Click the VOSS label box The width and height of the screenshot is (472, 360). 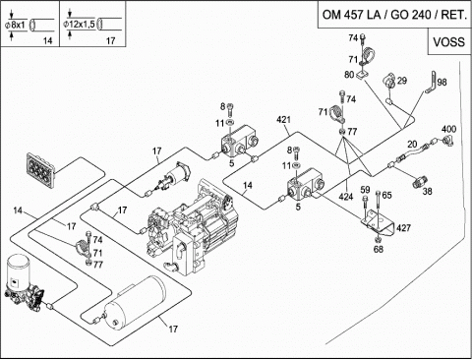coord(449,41)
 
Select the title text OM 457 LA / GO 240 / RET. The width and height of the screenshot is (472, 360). coord(394,15)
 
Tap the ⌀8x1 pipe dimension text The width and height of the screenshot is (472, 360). coord(15,25)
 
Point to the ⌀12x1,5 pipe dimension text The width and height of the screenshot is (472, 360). coord(79,24)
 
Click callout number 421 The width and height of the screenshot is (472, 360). coord(283,120)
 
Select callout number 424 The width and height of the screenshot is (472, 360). coord(346,197)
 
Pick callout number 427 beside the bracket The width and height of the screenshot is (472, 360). coord(403,228)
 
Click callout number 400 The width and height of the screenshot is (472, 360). coord(448,129)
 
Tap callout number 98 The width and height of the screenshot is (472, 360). coord(442,82)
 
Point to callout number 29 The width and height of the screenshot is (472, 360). coord(402,81)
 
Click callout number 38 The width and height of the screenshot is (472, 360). coord(427,191)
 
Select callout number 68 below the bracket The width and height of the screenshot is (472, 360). coord(379,249)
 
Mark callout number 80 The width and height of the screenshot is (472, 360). coord(349,75)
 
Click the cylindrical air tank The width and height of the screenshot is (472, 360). coord(135,302)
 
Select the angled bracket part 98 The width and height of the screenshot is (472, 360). coord(431,83)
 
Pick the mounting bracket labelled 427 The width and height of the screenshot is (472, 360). coord(377,223)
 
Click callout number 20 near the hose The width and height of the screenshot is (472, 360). coord(412,144)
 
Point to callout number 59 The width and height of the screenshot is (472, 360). coord(365,190)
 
